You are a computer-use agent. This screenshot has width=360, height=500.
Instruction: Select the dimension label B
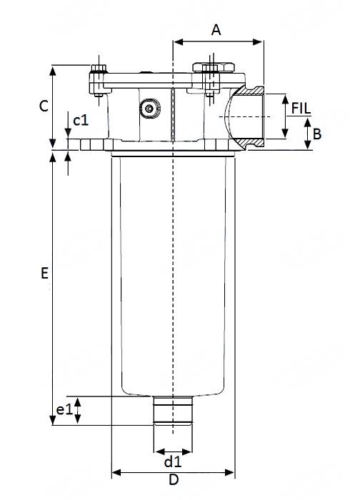coord(317,134)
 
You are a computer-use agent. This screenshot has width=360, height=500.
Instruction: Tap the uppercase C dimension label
coord(44,106)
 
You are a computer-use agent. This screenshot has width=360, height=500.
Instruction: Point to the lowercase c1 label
coord(81,119)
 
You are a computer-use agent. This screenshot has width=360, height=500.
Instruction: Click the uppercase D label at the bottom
coord(173,481)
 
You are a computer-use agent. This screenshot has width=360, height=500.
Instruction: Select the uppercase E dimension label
coord(44,273)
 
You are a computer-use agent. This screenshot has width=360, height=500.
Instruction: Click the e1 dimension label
coord(64,410)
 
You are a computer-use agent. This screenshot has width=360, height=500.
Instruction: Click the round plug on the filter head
coord(149,109)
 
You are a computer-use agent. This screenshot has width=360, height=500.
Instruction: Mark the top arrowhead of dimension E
coord(53,155)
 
